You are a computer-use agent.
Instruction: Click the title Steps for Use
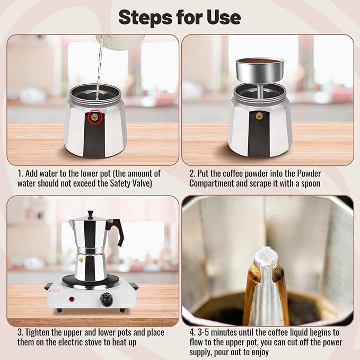(x=180, y=17)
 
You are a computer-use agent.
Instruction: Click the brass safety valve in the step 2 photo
(x=259, y=116)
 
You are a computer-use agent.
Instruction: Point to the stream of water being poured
(x=98, y=69)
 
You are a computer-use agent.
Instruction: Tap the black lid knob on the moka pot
(x=91, y=214)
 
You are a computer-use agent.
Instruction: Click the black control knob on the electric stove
(x=108, y=301)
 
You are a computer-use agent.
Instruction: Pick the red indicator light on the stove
(x=72, y=300)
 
